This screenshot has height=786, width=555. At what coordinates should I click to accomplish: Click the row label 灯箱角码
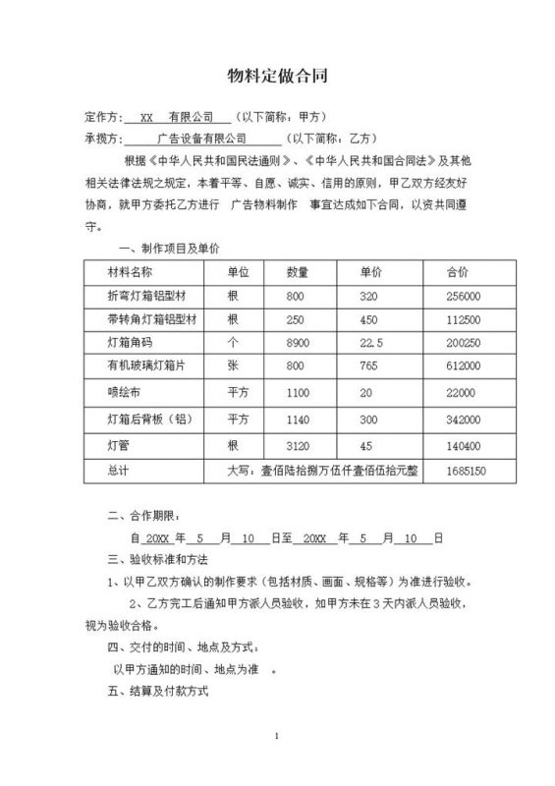[x=129, y=343]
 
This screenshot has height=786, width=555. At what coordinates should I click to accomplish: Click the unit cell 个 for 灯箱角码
[x=233, y=343]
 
